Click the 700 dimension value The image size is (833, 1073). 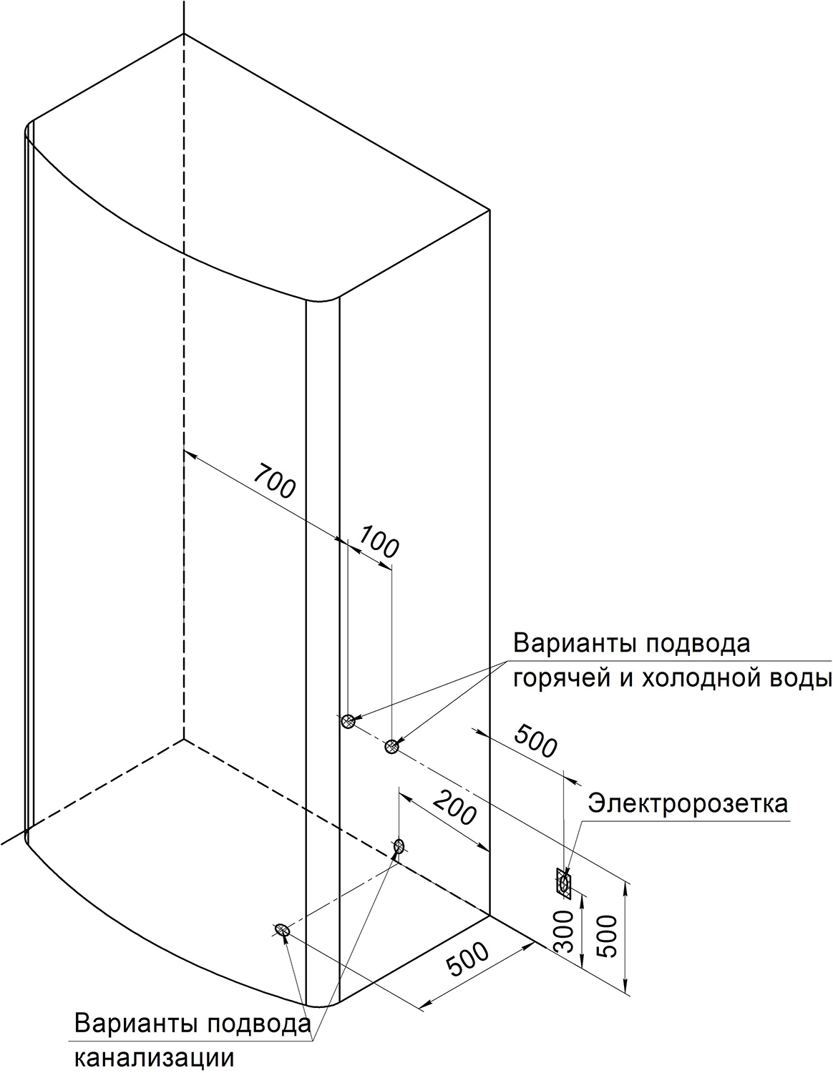[275, 481]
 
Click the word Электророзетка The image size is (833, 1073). [687, 803]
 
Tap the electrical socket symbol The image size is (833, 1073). [563, 882]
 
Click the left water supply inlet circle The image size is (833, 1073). [348, 721]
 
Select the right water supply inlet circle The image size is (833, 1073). [391, 746]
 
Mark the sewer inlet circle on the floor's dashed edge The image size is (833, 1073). [399, 846]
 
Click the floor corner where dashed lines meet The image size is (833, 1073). [184, 739]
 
